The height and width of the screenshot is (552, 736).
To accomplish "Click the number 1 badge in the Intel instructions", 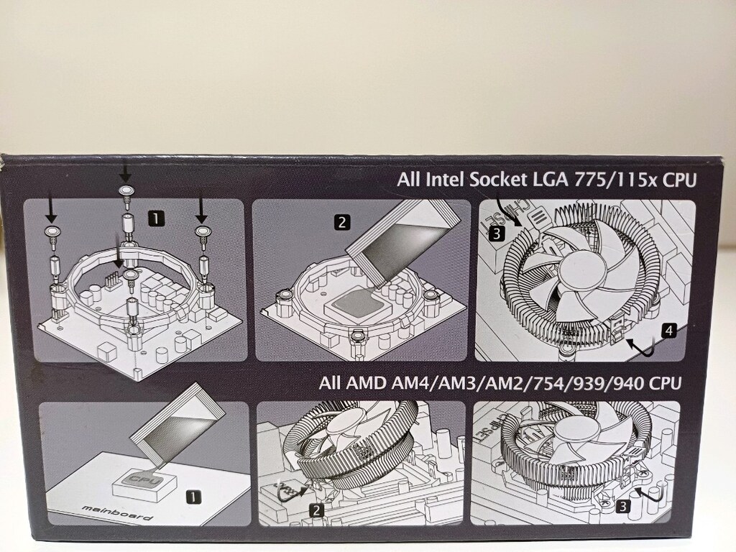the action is (155, 218).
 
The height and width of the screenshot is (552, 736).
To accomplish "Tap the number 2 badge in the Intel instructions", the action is (341, 222).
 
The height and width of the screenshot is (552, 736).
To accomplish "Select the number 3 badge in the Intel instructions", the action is (497, 234).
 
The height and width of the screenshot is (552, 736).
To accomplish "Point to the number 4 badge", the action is (669, 331).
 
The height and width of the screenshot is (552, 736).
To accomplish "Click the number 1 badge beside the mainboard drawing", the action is (193, 497).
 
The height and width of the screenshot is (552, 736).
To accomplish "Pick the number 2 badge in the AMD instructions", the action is (317, 511).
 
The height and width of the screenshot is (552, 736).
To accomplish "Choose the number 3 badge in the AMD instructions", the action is (623, 507).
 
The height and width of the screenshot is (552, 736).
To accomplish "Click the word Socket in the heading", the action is (498, 180).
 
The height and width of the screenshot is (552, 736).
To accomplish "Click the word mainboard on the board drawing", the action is (117, 512).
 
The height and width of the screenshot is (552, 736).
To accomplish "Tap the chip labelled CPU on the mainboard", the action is (144, 479).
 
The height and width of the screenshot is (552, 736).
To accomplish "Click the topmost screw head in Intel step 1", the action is (125, 190).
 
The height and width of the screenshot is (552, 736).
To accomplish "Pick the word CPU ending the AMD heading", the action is (664, 384).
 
